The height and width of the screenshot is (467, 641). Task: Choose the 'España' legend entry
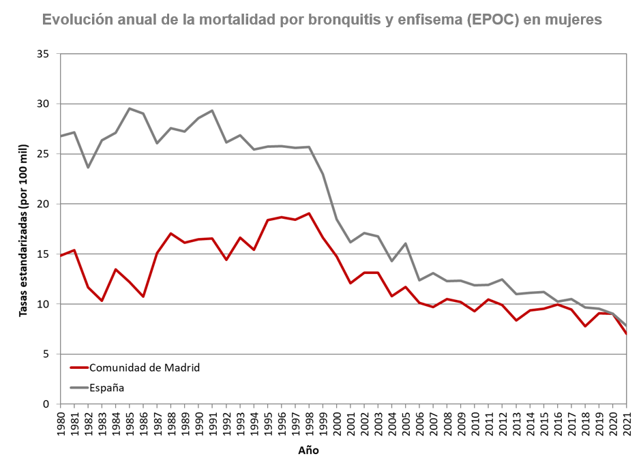coord(109,387)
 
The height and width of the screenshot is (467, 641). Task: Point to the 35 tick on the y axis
coord(46,54)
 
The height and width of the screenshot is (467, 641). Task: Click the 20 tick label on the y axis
coord(46,204)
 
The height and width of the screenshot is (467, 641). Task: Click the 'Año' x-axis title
coord(308,451)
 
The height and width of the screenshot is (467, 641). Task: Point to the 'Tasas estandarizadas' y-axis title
coord(23,230)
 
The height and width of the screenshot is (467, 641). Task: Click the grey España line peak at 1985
coord(130,108)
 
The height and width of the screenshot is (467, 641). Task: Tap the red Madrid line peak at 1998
coord(309,213)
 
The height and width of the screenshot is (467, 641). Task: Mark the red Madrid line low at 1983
coord(102,301)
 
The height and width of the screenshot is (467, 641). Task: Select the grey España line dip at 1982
coord(88,167)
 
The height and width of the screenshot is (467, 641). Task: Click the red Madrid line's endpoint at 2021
coord(626,333)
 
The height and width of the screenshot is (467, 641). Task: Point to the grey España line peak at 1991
coord(212,110)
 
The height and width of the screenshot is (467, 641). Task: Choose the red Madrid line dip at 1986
coord(143,297)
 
